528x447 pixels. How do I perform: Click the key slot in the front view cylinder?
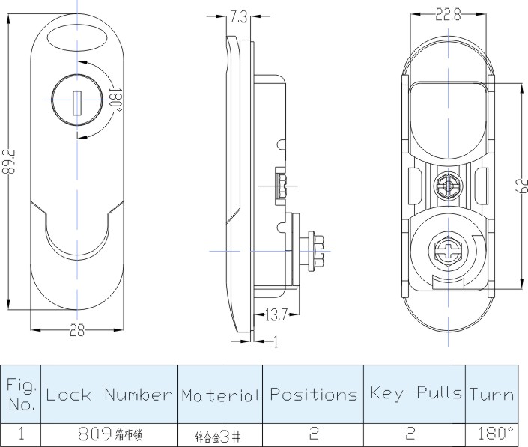(76, 103)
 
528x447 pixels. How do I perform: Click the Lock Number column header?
(109, 395)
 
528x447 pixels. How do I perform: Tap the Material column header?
(220, 395)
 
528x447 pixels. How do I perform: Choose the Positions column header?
(313, 395)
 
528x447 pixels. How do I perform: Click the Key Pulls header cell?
(414, 395)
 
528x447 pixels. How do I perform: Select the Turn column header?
(492, 395)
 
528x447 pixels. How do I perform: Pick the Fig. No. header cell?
(20, 395)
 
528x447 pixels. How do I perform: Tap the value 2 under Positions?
(313, 433)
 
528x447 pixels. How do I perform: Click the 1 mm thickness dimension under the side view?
(276, 341)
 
